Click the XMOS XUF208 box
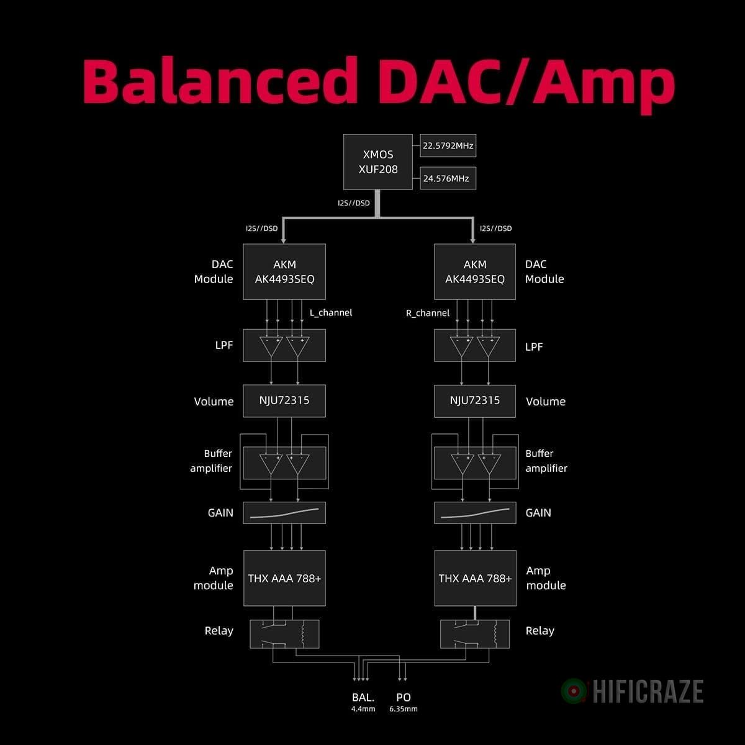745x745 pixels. click(377, 161)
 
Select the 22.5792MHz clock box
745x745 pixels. click(448, 146)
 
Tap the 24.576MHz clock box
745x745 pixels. click(448, 178)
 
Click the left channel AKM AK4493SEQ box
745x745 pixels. click(284, 272)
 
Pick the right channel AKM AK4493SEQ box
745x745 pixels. click(475, 272)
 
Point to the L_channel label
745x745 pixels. click(331, 313)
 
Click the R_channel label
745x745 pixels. click(428, 313)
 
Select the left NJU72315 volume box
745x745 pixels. click(284, 400)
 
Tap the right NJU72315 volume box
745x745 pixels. click(475, 400)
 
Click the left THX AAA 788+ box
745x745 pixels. click(284, 578)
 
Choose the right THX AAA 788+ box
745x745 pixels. click(475, 578)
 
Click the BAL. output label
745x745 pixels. click(363, 697)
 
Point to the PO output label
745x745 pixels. click(404, 697)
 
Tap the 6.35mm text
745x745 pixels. click(404, 709)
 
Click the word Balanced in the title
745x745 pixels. click(220, 81)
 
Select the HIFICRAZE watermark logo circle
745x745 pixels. click(574, 691)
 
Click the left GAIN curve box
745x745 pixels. click(284, 513)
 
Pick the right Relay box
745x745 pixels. click(475, 634)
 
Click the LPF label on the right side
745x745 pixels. click(534, 346)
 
